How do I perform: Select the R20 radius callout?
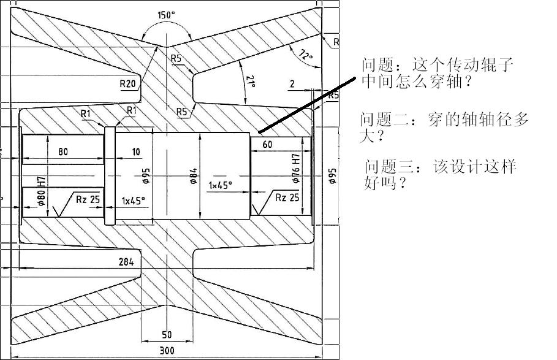(x=128, y=83)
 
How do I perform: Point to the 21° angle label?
(x=250, y=82)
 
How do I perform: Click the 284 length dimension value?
(x=126, y=261)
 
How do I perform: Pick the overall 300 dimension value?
(x=166, y=351)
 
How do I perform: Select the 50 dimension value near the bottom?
(x=166, y=335)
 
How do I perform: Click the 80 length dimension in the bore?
(x=63, y=152)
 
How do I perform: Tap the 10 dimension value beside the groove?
(x=135, y=152)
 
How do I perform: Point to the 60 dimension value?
(x=267, y=145)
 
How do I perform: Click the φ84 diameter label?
(x=192, y=176)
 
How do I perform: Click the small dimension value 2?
(x=292, y=84)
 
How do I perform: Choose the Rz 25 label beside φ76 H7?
(x=287, y=197)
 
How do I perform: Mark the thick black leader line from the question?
(x=307, y=105)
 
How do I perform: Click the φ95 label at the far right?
(x=332, y=176)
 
